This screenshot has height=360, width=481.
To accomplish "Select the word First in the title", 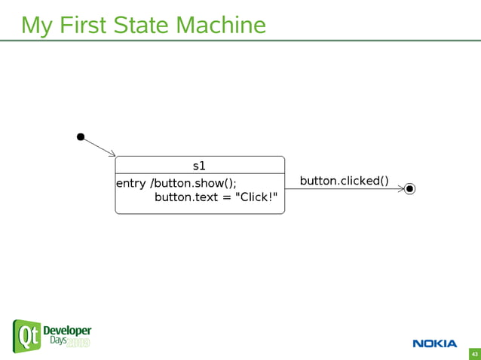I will point(82,25).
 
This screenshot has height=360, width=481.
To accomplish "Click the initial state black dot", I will point(81,137).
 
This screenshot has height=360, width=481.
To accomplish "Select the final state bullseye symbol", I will point(409,188).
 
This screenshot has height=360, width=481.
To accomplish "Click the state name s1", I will point(199,165).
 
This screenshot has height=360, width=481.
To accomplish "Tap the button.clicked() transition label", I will point(344,181).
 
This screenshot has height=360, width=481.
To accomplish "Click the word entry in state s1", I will point(131,183).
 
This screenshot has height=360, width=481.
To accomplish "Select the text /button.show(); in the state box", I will point(195,183).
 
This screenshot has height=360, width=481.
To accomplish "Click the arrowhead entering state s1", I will point(112,154).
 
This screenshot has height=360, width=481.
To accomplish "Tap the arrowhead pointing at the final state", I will point(400,188).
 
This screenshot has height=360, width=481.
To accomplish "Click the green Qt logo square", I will point(26,336).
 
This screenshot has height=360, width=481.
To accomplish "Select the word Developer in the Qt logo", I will point(67,331).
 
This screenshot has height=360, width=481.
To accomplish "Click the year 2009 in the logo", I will point(78,343).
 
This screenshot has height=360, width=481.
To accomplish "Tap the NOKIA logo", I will point(434,343).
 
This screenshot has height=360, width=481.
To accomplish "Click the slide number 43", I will point(474,353).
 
